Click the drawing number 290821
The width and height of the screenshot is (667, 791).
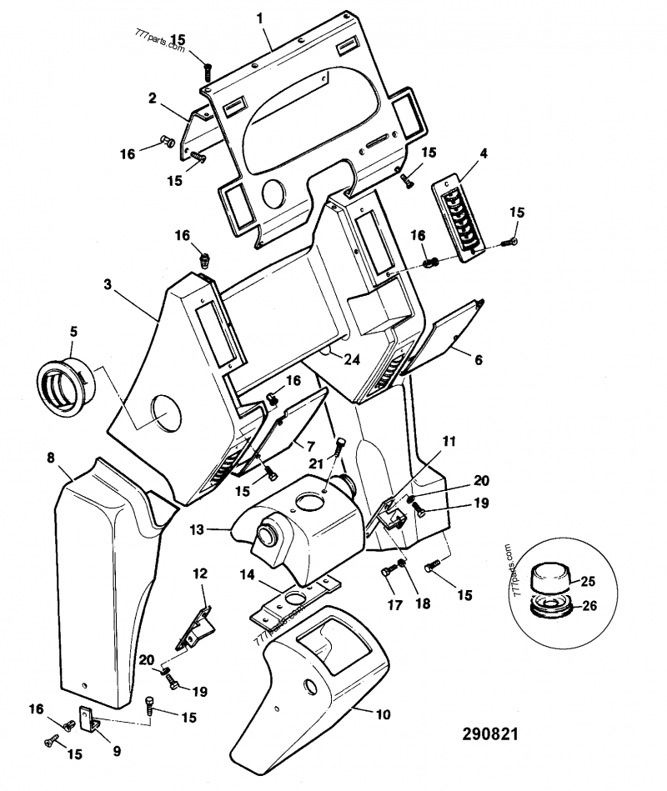(x=490, y=735)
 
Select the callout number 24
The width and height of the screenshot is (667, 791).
(x=353, y=361)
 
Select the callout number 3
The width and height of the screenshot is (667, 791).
(x=108, y=284)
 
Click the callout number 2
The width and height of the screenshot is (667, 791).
(x=153, y=98)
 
